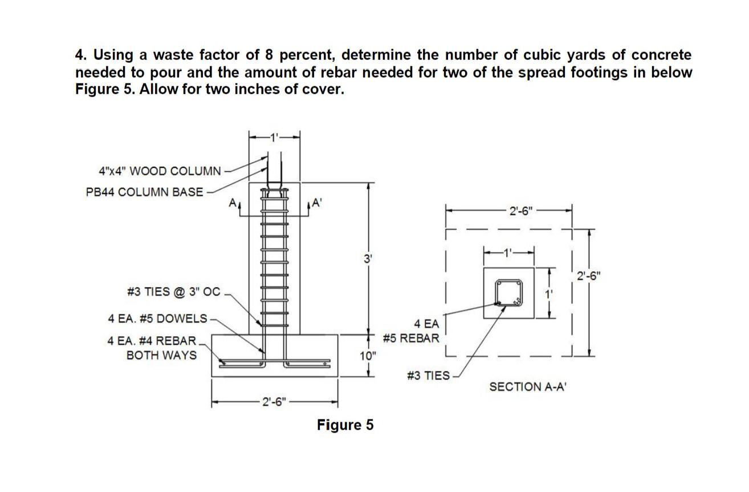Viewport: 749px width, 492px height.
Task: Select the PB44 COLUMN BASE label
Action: (x=144, y=192)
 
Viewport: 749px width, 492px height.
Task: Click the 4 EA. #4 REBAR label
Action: (x=152, y=341)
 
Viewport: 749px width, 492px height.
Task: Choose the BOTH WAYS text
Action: (x=161, y=355)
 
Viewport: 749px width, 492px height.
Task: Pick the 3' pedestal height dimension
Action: (x=368, y=258)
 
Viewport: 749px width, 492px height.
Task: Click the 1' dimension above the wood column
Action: (x=275, y=137)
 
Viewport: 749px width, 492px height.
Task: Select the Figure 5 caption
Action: (x=345, y=425)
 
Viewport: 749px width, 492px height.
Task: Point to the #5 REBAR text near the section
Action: (x=411, y=338)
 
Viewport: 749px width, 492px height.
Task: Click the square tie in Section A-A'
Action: (x=508, y=293)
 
